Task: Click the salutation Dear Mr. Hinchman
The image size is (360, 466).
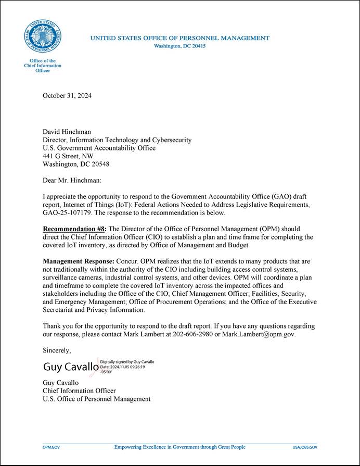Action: (72, 180)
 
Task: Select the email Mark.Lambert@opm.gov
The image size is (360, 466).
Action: (259, 334)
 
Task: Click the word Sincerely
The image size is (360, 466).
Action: (56, 350)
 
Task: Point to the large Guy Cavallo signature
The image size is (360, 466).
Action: (71, 368)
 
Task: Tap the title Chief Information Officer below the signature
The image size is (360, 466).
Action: (79, 391)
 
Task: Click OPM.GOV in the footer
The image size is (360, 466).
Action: (51, 447)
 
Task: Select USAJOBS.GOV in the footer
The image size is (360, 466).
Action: (305, 447)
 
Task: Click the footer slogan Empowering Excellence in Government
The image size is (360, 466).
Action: (179, 447)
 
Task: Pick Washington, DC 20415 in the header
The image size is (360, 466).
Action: (180, 46)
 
